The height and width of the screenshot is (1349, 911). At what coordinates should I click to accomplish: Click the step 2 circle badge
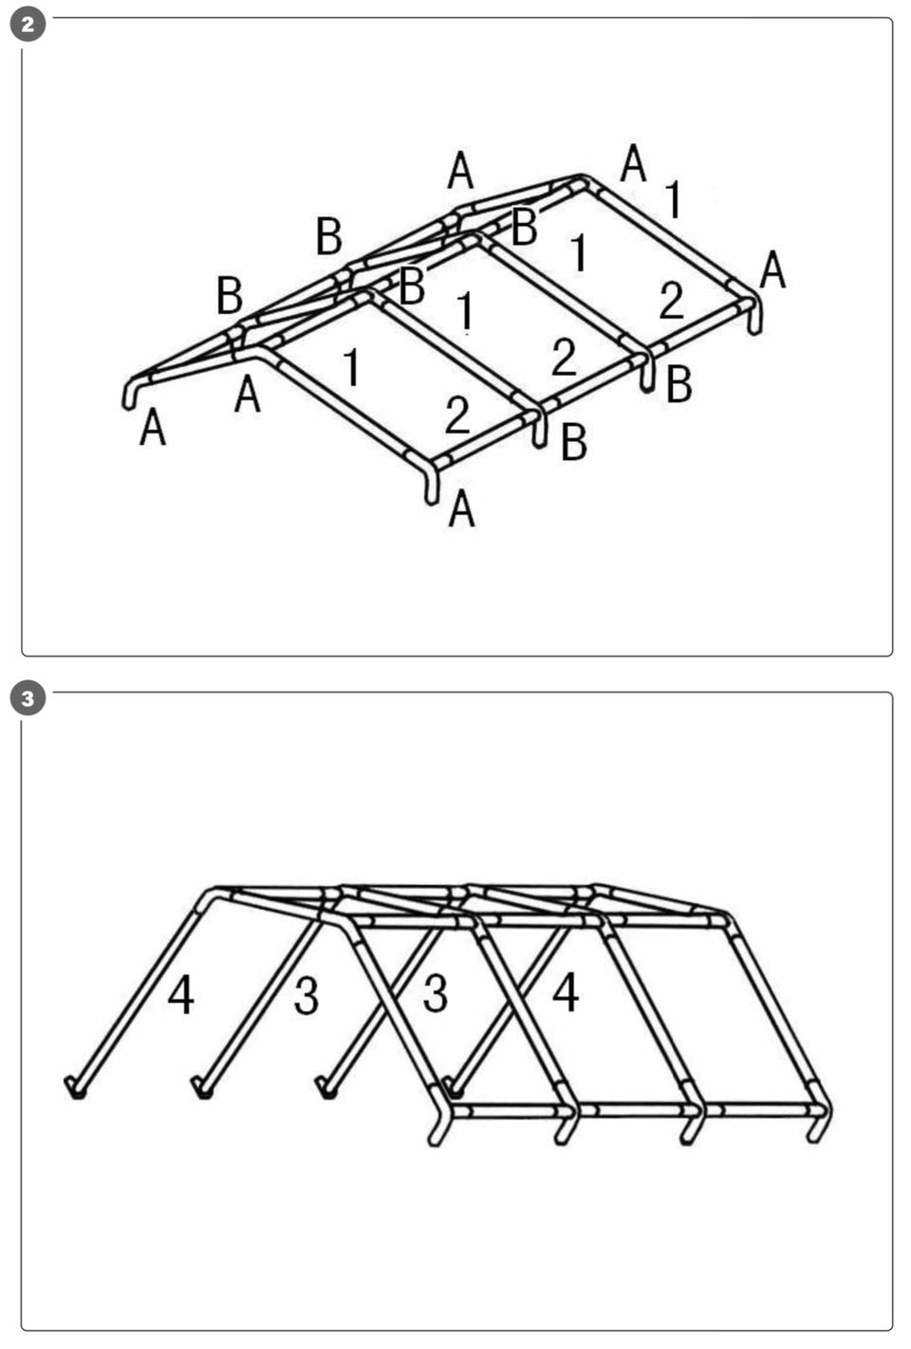[x=28, y=25]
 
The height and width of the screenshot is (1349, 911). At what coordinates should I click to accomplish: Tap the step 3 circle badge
[x=28, y=699]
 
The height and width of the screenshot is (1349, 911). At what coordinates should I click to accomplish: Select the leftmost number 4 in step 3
[x=180, y=995]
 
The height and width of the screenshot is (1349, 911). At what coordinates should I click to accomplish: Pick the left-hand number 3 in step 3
[x=307, y=997]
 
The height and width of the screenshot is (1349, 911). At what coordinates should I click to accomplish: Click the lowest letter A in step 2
[x=461, y=508]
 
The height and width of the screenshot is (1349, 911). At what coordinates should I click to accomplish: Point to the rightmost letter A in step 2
[x=773, y=270]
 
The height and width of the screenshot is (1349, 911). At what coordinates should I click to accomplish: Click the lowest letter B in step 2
[x=573, y=442]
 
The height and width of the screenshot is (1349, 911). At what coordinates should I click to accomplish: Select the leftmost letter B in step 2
[x=230, y=296]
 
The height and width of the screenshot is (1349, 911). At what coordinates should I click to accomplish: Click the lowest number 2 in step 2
[x=457, y=415]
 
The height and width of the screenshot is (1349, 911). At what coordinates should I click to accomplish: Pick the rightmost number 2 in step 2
[x=671, y=300]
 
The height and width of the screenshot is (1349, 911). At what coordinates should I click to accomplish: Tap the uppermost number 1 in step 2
[x=674, y=199]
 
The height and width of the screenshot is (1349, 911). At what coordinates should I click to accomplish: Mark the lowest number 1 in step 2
[x=351, y=367]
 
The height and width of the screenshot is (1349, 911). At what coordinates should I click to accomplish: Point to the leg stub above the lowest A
[x=431, y=489]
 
